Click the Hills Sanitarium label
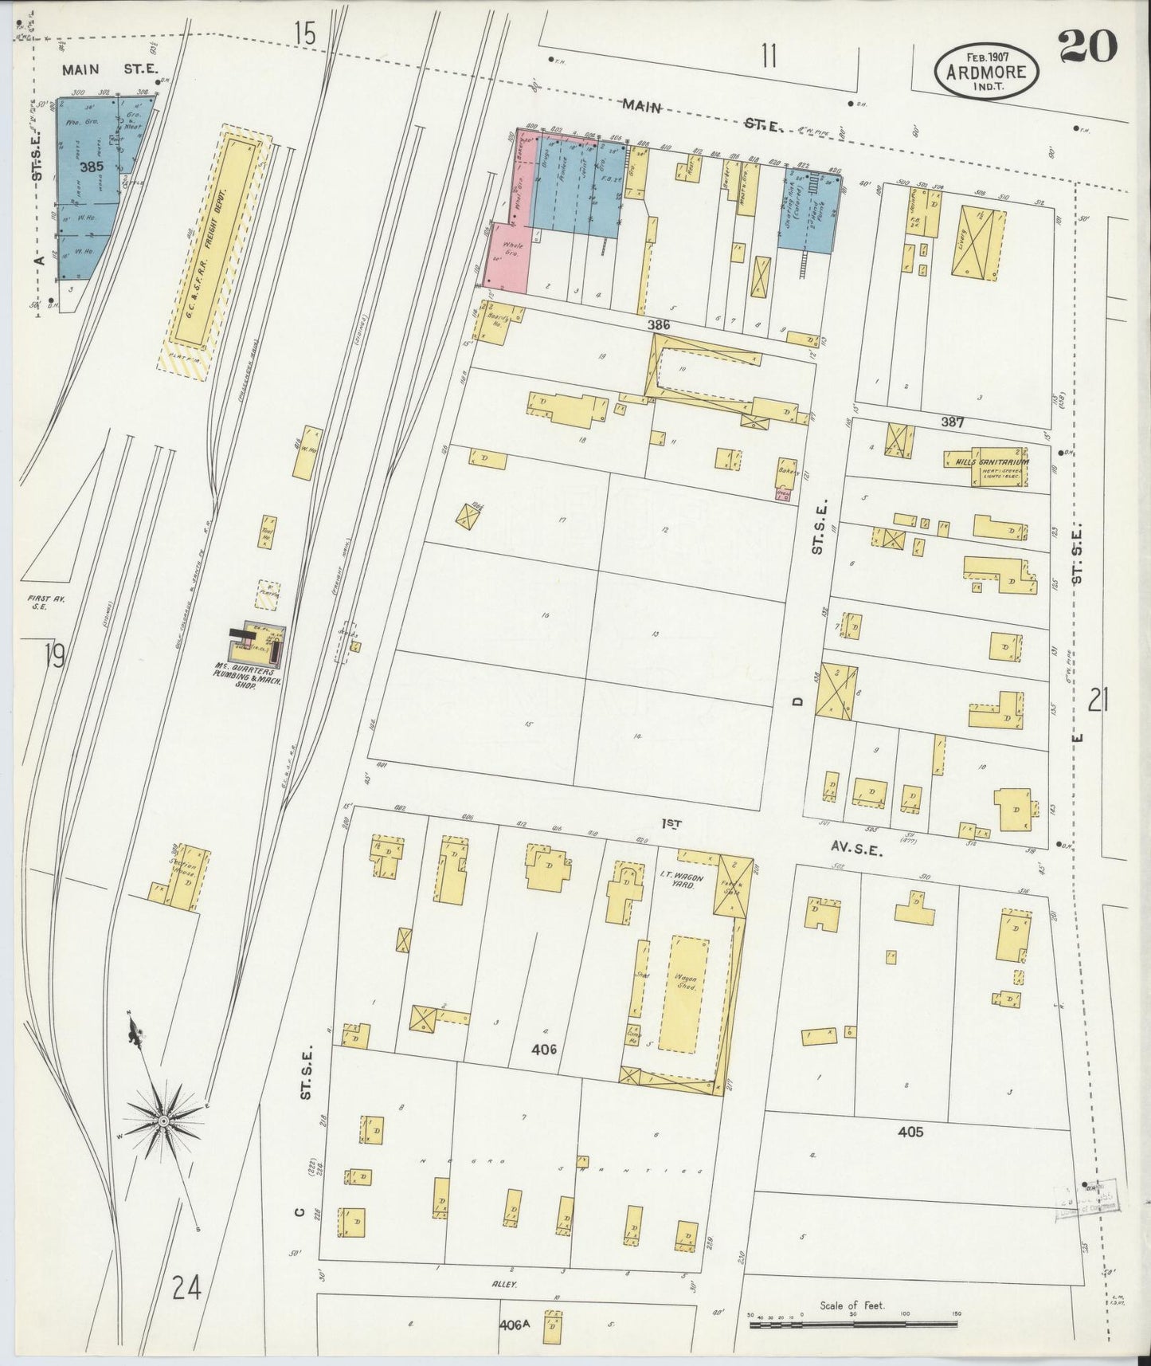(x=987, y=461)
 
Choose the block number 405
(x=910, y=1132)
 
